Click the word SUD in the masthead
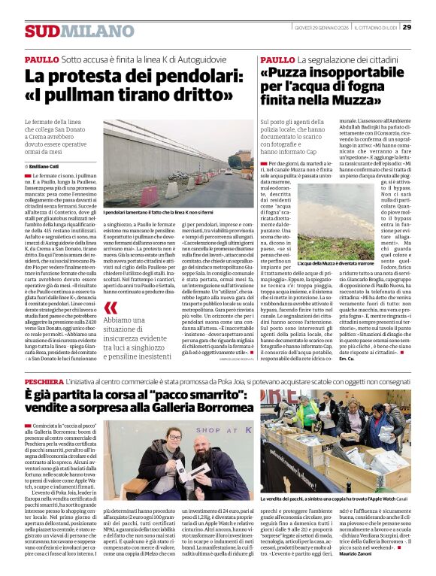[41, 31]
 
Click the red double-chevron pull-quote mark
[111, 308]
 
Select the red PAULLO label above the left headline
[41, 58]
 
